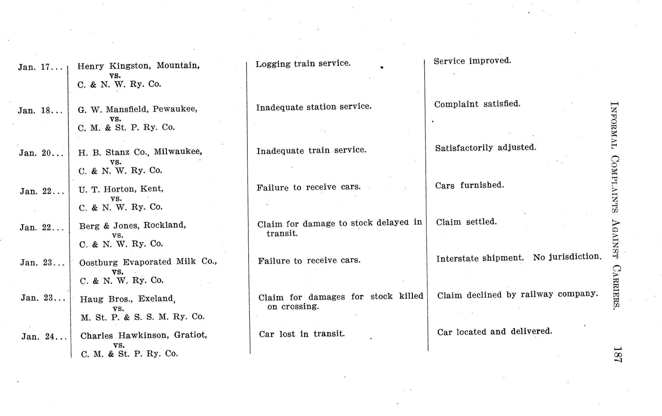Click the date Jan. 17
click(40, 67)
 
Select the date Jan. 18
click(40, 111)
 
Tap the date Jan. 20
click(41, 153)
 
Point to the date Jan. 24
click(43, 336)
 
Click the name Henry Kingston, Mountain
click(138, 66)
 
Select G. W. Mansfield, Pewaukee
click(137, 109)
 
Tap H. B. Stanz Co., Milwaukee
click(140, 152)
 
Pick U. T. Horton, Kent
click(121, 189)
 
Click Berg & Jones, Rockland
click(132, 225)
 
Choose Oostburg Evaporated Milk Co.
click(148, 262)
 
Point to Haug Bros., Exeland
click(127, 299)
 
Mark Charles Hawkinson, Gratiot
click(143, 335)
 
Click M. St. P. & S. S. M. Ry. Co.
click(143, 317)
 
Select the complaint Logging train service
click(303, 64)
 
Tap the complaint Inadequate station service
click(314, 107)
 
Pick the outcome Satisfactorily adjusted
click(485, 148)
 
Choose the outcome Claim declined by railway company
click(517, 295)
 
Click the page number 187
click(617, 355)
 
